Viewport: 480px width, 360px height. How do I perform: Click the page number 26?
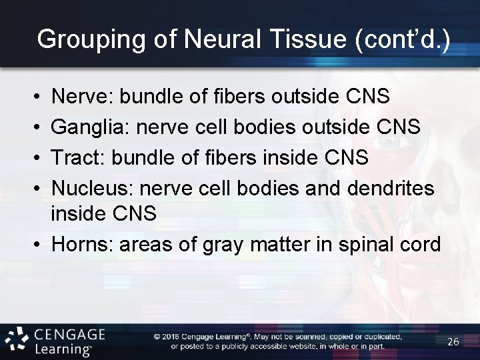click(453, 341)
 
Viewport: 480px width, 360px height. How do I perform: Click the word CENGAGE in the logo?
click(69, 334)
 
